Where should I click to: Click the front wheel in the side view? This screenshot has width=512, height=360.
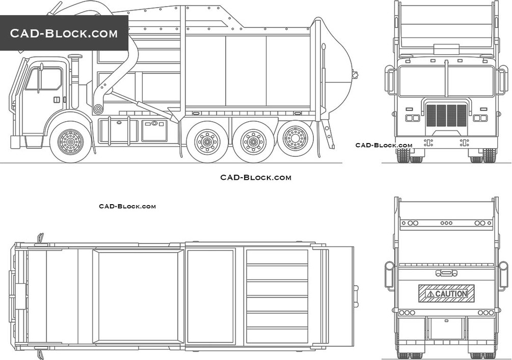click(x=70, y=142)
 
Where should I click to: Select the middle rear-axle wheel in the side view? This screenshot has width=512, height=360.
click(x=253, y=142)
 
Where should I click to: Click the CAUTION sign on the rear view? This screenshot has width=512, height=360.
click(x=447, y=293)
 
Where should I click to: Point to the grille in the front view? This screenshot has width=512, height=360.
click(x=446, y=116)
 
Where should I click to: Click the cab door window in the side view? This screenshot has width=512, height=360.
click(x=44, y=79)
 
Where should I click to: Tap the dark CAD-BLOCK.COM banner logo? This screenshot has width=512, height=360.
click(x=64, y=33)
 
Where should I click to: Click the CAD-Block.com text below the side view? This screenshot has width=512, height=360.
click(x=255, y=178)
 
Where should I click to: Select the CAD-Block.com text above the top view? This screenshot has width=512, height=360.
click(x=127, y=206)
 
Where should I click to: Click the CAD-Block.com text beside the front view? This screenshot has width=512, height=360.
click(x=384, y=145)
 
